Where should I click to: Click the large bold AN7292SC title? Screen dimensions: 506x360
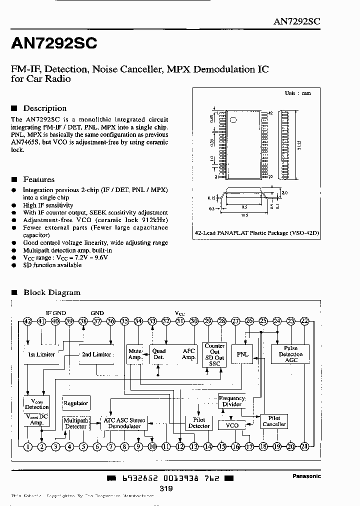[54, 44]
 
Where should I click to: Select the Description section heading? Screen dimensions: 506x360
[44, 108]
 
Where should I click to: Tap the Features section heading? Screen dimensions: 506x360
[38, 179]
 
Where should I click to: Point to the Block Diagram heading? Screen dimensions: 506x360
[51, 292]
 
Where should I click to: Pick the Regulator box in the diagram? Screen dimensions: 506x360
[75, 403]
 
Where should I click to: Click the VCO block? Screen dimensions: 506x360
[232, 425]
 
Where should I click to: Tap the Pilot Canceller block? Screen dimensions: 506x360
[274, 421]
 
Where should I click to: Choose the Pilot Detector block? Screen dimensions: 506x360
[198, 423]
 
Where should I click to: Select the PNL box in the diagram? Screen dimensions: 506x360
[242, 354]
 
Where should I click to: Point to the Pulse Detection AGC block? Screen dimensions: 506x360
[290, 354]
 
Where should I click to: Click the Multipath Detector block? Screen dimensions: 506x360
[75, 423]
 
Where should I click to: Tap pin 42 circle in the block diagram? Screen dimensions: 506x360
[27, 321]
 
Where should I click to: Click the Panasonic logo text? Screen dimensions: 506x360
[306, 476]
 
